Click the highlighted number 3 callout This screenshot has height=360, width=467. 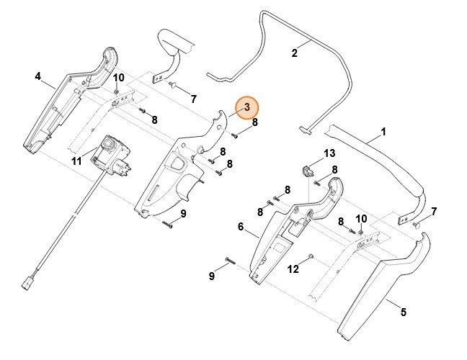click(247, 107)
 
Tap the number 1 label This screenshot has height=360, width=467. click(383, 132)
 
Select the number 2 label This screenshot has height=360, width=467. click(294, 53)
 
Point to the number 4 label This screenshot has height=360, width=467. click(37, 76)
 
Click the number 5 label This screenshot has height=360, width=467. click(403, 312)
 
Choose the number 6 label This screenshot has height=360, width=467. click(241, 227)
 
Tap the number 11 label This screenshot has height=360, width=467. click(76, 161)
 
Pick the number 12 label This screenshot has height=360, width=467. click(293, 269)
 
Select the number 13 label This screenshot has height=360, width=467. click(329, 153)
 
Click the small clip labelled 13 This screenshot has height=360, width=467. click(307, 171)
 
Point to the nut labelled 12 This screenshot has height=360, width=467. click(310, 257)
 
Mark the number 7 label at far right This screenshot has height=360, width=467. click(433, 211)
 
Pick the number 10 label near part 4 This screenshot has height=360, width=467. click(119, 77)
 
